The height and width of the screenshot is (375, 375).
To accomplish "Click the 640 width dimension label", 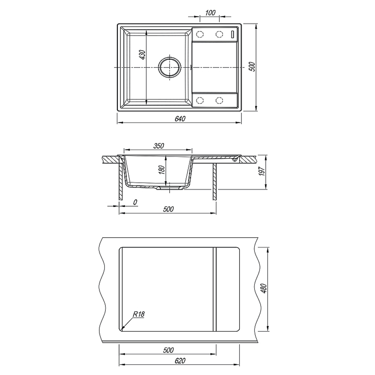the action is (180, 118).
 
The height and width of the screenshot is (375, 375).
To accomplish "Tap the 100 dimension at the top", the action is (210, 13).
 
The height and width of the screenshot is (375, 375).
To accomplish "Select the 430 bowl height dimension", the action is (142, 55).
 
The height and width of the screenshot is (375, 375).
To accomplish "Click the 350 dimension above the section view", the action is (159, 145).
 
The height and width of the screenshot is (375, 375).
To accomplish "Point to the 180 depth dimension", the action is (162, 170).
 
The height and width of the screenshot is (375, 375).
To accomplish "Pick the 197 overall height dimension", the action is (262, 171).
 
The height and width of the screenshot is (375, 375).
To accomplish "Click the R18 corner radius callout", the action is (139, 314).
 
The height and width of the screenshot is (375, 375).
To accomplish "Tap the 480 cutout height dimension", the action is (264, 289).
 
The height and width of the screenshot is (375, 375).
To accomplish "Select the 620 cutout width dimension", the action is (180, 361).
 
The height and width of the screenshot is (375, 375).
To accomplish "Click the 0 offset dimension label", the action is (135, 202).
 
